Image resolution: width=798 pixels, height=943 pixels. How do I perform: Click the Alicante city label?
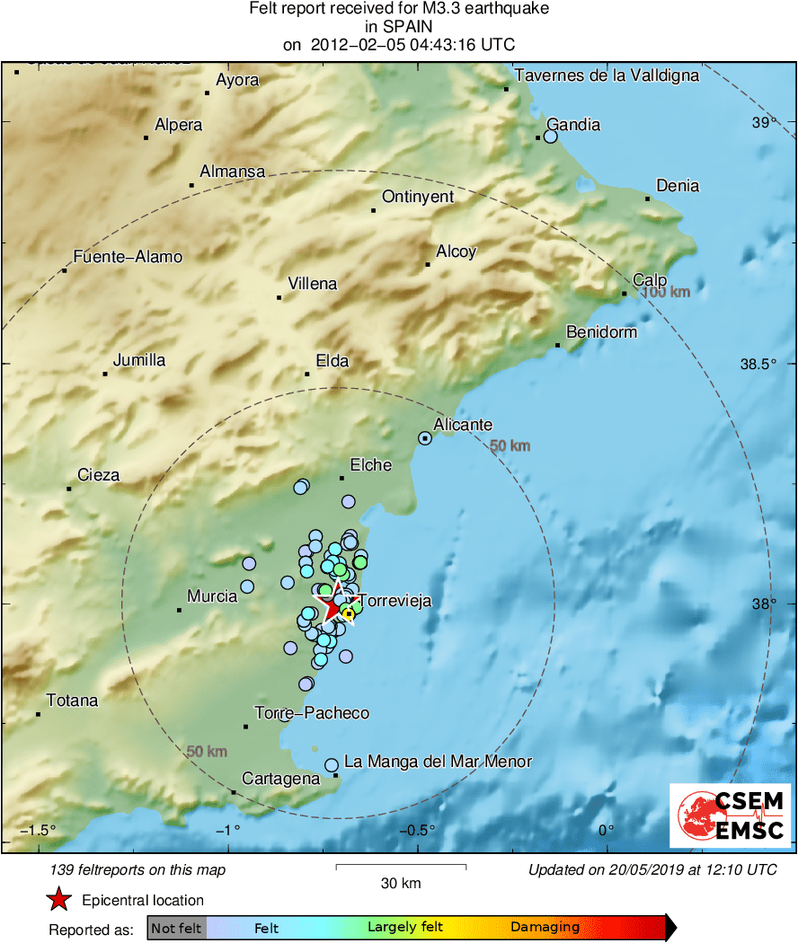[463, 425]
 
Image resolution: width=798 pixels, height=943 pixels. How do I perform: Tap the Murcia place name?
[212, 596]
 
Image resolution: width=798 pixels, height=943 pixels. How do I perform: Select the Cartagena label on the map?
[281, 779]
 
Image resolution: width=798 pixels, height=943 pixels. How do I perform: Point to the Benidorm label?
[601, 332]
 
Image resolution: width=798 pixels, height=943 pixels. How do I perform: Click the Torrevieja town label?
[395, 602]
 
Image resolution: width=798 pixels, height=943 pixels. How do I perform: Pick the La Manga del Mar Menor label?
[439, 762]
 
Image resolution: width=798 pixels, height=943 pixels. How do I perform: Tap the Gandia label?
[573, 125]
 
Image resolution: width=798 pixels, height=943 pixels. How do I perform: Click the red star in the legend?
[59, 899]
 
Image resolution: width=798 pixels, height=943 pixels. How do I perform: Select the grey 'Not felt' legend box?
[176, 928]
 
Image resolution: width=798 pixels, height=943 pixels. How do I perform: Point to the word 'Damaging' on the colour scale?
[545, 928]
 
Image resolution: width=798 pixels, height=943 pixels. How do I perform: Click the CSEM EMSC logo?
[730, 815]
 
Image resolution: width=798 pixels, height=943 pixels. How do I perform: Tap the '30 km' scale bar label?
[401, 884]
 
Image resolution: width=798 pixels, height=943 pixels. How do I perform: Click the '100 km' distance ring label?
[666, 293]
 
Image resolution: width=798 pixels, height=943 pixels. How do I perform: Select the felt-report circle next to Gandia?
[551, 137]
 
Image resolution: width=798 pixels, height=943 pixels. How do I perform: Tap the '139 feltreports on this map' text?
[138, 869]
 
